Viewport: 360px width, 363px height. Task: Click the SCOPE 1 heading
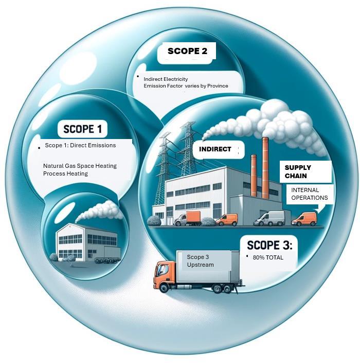[x=86, y=129]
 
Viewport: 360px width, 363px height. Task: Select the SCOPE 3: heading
[x=269, y=245]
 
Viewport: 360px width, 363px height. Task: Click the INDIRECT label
[x=215, y=149]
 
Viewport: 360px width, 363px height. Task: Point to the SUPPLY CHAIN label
[x=298, y=172]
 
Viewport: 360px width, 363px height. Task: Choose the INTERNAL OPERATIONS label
[x=309, y=194]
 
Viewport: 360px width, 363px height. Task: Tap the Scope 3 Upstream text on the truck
[x=200, y=261]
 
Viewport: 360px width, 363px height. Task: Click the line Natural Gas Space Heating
[x=80, y=166]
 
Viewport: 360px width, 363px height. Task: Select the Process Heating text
[x=65, y=174]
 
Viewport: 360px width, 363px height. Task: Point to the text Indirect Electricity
[x=166, y=79]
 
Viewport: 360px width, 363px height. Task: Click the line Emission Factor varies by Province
[x=186, y=86]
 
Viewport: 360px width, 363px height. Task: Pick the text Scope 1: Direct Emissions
[x=80, y=146]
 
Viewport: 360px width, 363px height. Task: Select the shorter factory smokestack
[x=254, y=175]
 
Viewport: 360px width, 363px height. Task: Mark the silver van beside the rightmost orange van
[x=270, y=218]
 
